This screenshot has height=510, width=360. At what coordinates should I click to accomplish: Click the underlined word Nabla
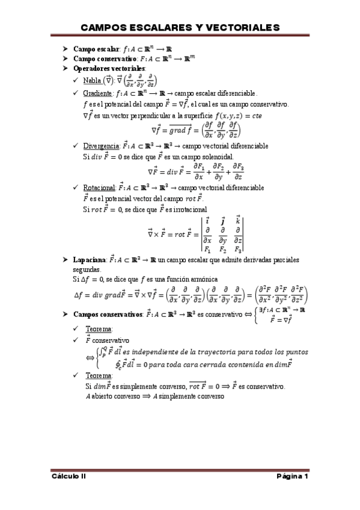[x=93, y=81]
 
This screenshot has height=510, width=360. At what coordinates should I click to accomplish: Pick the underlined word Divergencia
[x=100, y=146]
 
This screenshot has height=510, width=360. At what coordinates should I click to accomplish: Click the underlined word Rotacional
[x=99, y=188]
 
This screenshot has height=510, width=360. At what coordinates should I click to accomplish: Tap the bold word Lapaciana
[x=90, y=260]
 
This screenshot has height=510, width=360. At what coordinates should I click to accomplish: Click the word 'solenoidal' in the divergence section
[x=215, y=156]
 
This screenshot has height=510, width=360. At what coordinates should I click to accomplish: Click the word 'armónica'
[x=202, y=280]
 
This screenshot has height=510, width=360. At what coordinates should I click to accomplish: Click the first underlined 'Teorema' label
[x=99, y=330]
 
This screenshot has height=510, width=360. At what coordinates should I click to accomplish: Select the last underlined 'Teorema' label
[x=99, y=376]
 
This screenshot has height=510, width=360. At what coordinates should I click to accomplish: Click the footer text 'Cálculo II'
[x=69, y=476]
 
